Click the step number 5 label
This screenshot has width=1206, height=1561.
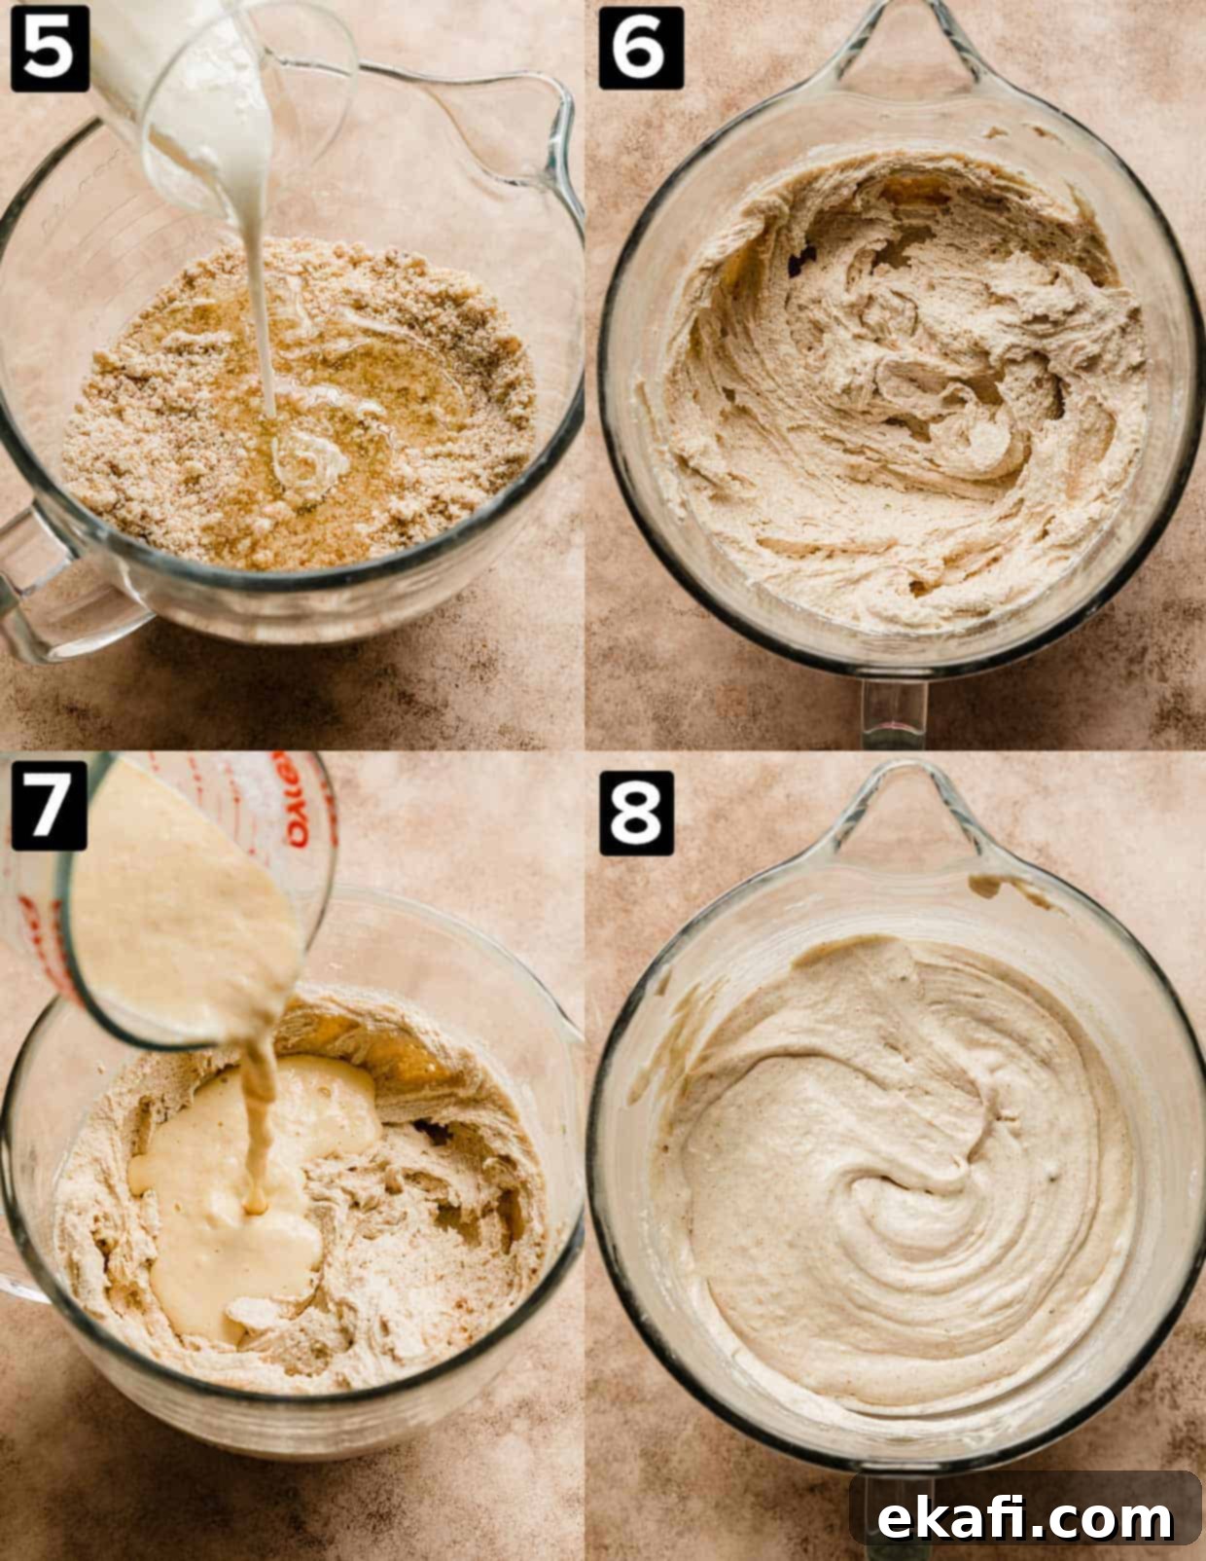[50, 49]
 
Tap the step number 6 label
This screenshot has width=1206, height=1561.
[641, 49]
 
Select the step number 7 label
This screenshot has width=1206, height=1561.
[49, 806]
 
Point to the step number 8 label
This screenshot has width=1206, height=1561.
[636, 813]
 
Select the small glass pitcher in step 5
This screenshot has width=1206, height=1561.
[223, 93]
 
